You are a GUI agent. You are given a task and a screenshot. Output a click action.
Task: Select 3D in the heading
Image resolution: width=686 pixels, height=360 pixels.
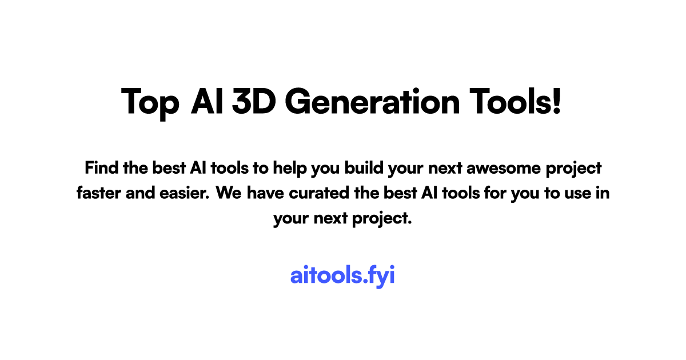(254, 101)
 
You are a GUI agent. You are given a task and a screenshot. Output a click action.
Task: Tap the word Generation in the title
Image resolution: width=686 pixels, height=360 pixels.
(372, 101)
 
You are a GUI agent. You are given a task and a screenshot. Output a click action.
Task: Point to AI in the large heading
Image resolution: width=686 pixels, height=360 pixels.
(207, 101)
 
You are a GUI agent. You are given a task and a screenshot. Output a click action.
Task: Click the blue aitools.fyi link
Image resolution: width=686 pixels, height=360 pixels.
(342, 275)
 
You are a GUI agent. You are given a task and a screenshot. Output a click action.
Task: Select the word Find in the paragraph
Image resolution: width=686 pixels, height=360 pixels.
(101, 168)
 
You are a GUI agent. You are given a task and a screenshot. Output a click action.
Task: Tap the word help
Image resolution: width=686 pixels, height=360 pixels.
(290, 169)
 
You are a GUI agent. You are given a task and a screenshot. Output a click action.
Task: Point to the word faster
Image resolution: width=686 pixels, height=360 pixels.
(98, 193)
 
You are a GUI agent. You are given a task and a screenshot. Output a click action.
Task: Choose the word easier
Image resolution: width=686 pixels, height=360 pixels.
(184, 193)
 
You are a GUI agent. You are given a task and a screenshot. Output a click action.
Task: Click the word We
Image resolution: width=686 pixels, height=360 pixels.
(229, 193)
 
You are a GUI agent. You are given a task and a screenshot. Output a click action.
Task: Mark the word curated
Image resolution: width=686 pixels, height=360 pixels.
(319, 193)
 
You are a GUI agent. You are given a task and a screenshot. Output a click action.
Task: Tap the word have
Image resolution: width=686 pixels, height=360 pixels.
(265, 193)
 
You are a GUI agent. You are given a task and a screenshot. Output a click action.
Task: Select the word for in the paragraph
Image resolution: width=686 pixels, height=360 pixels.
(495, 193)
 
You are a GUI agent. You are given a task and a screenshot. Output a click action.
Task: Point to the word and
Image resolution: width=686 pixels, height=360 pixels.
(140, 193)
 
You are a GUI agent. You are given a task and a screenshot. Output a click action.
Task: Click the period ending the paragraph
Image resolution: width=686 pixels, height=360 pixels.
(409, 223)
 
